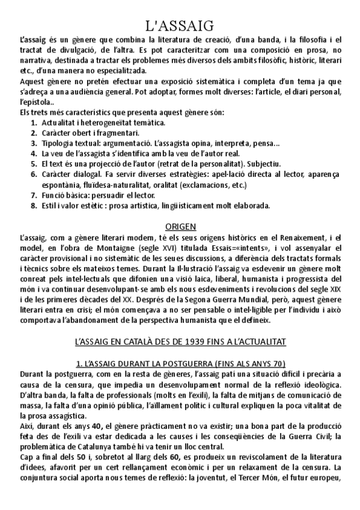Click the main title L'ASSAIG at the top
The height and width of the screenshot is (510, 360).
click(180, 25)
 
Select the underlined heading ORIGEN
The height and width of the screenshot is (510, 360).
click(180, 226)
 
